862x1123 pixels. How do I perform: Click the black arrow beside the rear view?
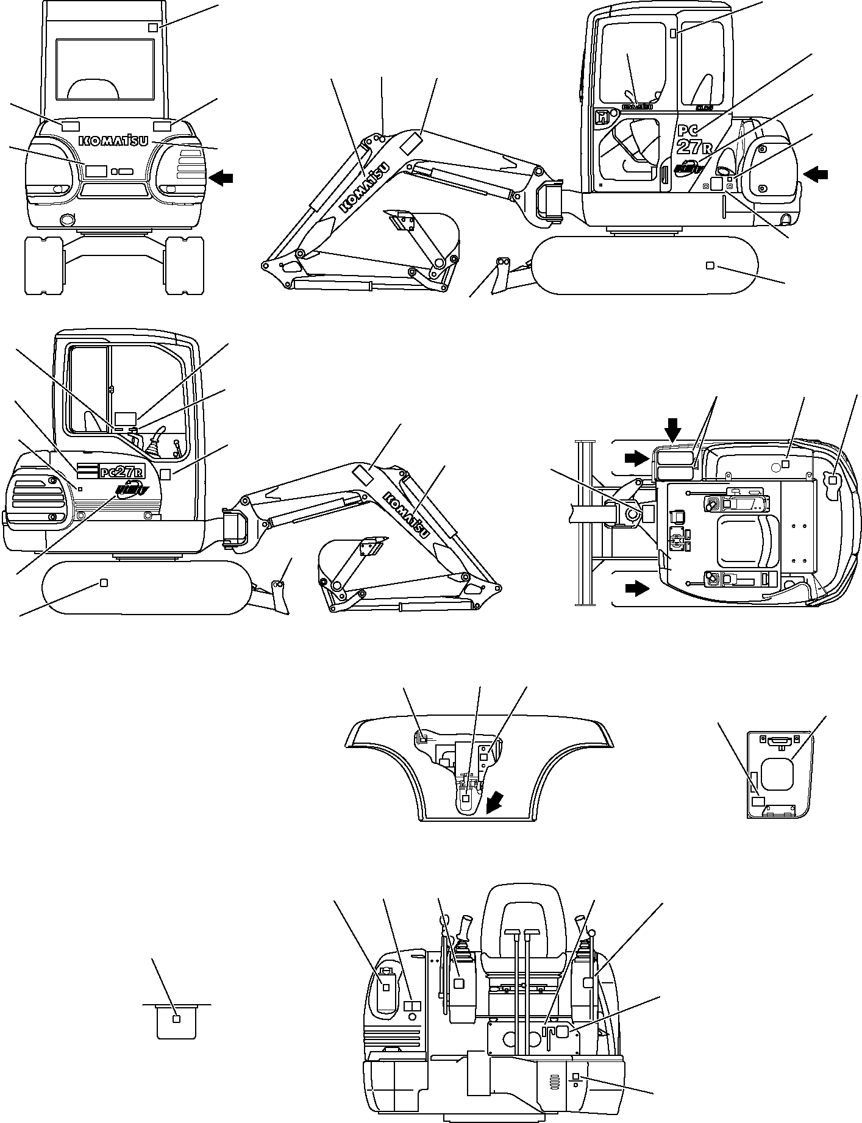click(x=220, y=177)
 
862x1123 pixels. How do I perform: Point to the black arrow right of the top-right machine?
click(x=816, y=175)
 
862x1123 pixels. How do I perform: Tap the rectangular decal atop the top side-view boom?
click(x=410, y=145)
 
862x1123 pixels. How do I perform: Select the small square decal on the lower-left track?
click(x=103, y=582)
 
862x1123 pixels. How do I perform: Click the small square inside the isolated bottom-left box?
click(x=177, y=1019)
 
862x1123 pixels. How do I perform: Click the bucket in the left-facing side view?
click(x=347, y=564)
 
